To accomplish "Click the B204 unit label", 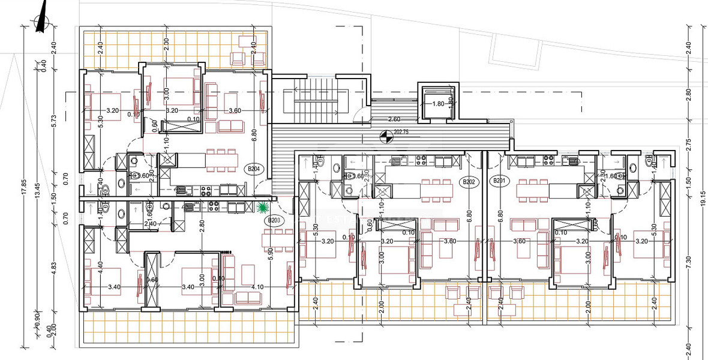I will click(254, 169).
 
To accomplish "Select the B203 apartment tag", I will click(274, 220).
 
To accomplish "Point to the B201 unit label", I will click(499, 181).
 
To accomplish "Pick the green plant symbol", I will click(262, 208).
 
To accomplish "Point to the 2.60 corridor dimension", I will click(395, 119).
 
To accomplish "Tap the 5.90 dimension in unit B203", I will click(271, 253).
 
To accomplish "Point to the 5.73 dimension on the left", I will click(53, 121).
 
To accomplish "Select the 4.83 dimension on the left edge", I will click(53, 268).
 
